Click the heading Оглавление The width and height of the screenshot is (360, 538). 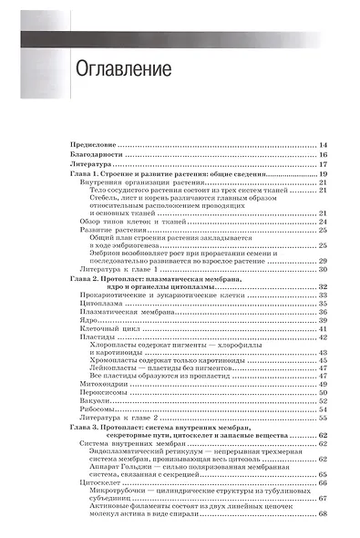108,69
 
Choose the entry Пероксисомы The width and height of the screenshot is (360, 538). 108,421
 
